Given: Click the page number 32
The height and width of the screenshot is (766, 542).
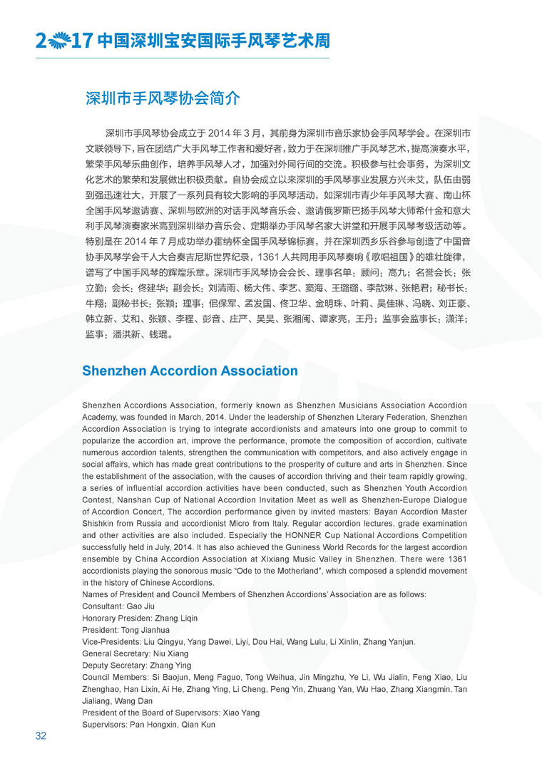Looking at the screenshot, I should (41, 736).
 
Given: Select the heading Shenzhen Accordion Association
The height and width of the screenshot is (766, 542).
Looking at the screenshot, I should (190, 371).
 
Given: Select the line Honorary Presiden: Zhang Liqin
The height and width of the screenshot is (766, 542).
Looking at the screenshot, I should (140, 618).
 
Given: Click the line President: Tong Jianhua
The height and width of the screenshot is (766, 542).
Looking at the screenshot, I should (126, 630).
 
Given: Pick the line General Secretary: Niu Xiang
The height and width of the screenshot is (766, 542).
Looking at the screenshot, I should (135, 653).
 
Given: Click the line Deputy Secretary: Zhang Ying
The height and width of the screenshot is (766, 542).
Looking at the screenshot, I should (135, 666).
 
